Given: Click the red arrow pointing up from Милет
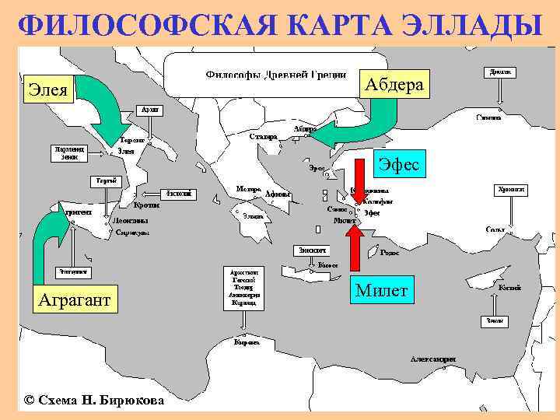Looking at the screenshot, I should click(x=354, y=249).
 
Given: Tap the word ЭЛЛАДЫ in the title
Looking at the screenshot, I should click(x=472, y=25).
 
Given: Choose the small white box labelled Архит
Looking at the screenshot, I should click(x=150, y=110).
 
